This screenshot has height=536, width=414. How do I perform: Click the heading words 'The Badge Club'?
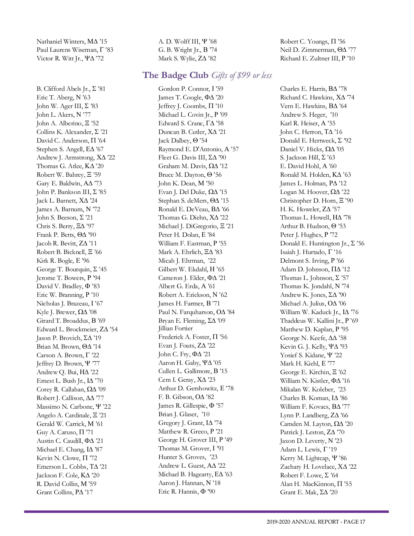(x=175, y=75)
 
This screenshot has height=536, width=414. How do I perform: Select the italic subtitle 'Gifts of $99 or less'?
(x=241, y=76)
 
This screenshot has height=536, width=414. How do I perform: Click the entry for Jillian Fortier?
(x=176, y=329)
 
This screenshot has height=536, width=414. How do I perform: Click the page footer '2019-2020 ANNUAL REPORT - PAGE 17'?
(x=316, y=522)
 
